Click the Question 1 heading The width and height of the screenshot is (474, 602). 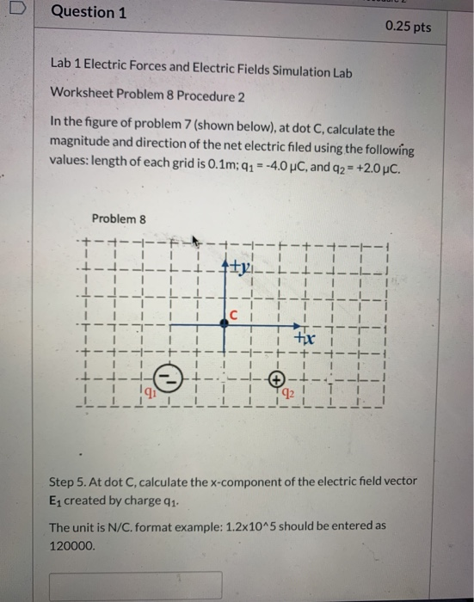point(83,13)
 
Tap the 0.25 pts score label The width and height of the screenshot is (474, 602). point(409,27)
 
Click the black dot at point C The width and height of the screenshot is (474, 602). point(224,320)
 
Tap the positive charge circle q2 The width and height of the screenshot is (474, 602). point(276,378)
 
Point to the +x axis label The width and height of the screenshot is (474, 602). point(303,340)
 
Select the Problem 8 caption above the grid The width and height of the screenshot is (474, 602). point(119,218)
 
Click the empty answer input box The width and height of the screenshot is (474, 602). point(135,586)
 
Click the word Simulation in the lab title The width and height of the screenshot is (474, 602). point(262,73)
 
